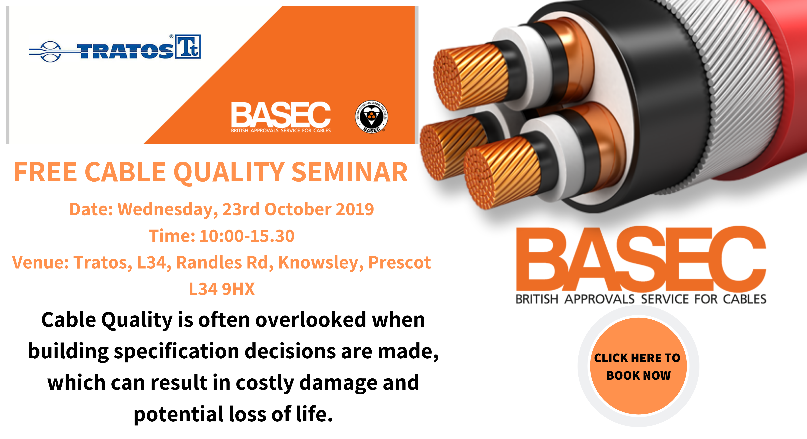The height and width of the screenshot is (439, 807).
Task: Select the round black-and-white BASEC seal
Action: (372, 117)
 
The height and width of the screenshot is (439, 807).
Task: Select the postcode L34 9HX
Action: (222, 289)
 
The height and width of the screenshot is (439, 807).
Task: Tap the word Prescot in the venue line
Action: (399, 263)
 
